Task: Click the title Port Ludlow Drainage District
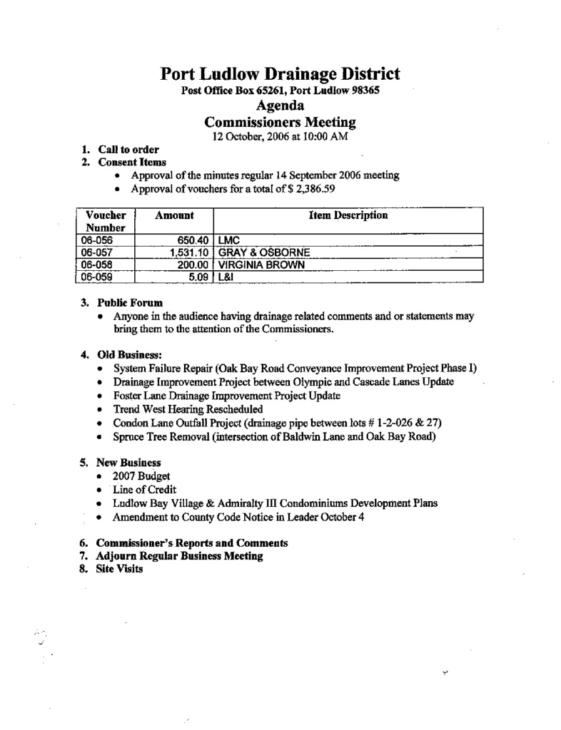280,74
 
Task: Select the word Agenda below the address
280,106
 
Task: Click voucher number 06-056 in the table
97,240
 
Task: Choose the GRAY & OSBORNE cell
263,252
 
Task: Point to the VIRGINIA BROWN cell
261,264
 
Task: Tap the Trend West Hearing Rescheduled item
188,409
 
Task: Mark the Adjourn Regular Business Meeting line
179,555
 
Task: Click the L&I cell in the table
226,277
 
